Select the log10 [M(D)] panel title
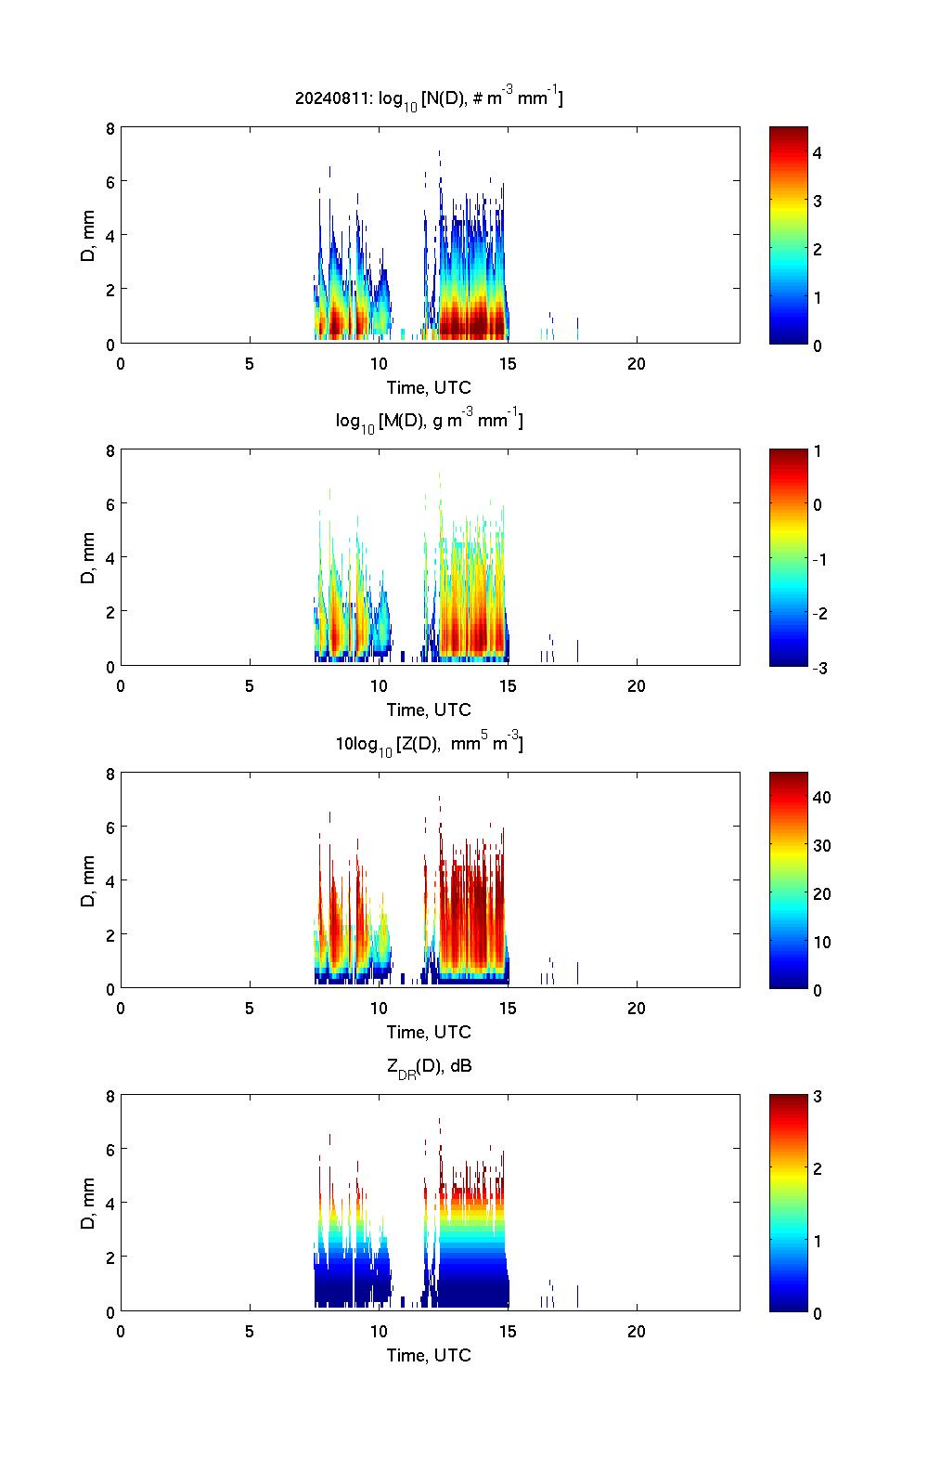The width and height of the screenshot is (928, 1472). pos(429,421)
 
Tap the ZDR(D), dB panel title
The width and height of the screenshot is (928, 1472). pos(429,1066)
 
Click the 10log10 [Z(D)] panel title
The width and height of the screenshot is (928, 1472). pos(429,744)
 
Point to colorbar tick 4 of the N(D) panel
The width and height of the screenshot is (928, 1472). pos(818,152)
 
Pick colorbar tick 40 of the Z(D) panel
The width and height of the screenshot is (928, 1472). pos(822,797)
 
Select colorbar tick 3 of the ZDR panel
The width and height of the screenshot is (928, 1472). pos(818,1097)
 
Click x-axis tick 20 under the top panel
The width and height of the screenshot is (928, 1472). pos(637,363)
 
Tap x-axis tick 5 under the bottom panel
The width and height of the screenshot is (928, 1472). pos(250,1331)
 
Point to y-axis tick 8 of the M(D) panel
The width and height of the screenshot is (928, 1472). pos(110,451)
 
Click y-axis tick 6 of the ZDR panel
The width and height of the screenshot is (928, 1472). pos(110,1150)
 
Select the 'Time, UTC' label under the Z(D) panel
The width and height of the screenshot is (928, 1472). pos(429,1032)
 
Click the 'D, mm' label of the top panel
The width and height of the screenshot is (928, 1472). pos(88,236)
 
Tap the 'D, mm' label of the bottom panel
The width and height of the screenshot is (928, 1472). pos(88,1204)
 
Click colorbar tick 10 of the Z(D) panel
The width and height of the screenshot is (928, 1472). pos(822,942)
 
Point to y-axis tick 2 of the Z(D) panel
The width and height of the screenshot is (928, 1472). pos(110,934)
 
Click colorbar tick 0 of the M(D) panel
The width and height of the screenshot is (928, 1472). pos(818,505)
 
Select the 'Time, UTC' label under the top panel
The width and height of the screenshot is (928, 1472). pos(429,387)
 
